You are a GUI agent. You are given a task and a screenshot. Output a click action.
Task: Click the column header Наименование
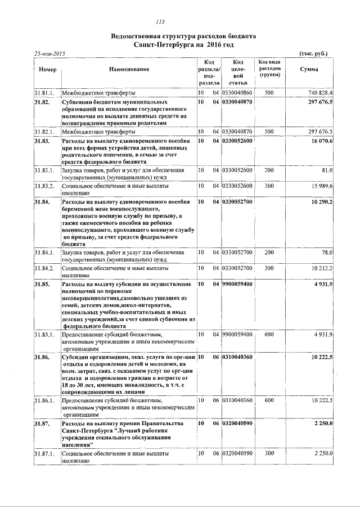(x=129, y=69)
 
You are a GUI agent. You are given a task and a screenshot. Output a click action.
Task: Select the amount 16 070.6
(x=321, y=141)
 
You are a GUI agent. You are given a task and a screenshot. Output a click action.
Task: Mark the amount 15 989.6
(x=321, y=185)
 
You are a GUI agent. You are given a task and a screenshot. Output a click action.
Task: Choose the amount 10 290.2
(x=321, y=201)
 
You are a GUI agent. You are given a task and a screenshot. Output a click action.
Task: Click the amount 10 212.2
(x=321, y=268)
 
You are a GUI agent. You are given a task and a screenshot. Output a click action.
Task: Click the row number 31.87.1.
(x=44, y=453)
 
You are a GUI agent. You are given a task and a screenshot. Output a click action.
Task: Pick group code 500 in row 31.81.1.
(x=269, y=92)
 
